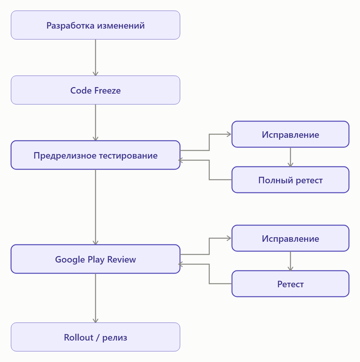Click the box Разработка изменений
pos(95,25)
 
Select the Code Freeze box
pos(95,90)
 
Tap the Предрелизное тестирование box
pos(95,155)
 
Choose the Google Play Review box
pos(95,259)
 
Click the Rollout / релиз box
pos(95,337)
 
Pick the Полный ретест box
pos(290,180)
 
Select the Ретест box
pos(290,284)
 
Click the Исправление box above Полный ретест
pos(290,134)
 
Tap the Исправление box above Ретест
pos(290,238)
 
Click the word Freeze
pos(108,90)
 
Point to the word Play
pos(96,260)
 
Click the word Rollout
pos(79,338)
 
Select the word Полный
pos(276,180)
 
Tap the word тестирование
pos(129,156)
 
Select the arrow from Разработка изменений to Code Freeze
pos(96,58)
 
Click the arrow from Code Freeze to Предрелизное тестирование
pos(96,123)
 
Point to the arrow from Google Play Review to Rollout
pos(96,298)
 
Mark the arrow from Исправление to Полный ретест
pos(290,157)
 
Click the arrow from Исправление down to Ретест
pos(290,261)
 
